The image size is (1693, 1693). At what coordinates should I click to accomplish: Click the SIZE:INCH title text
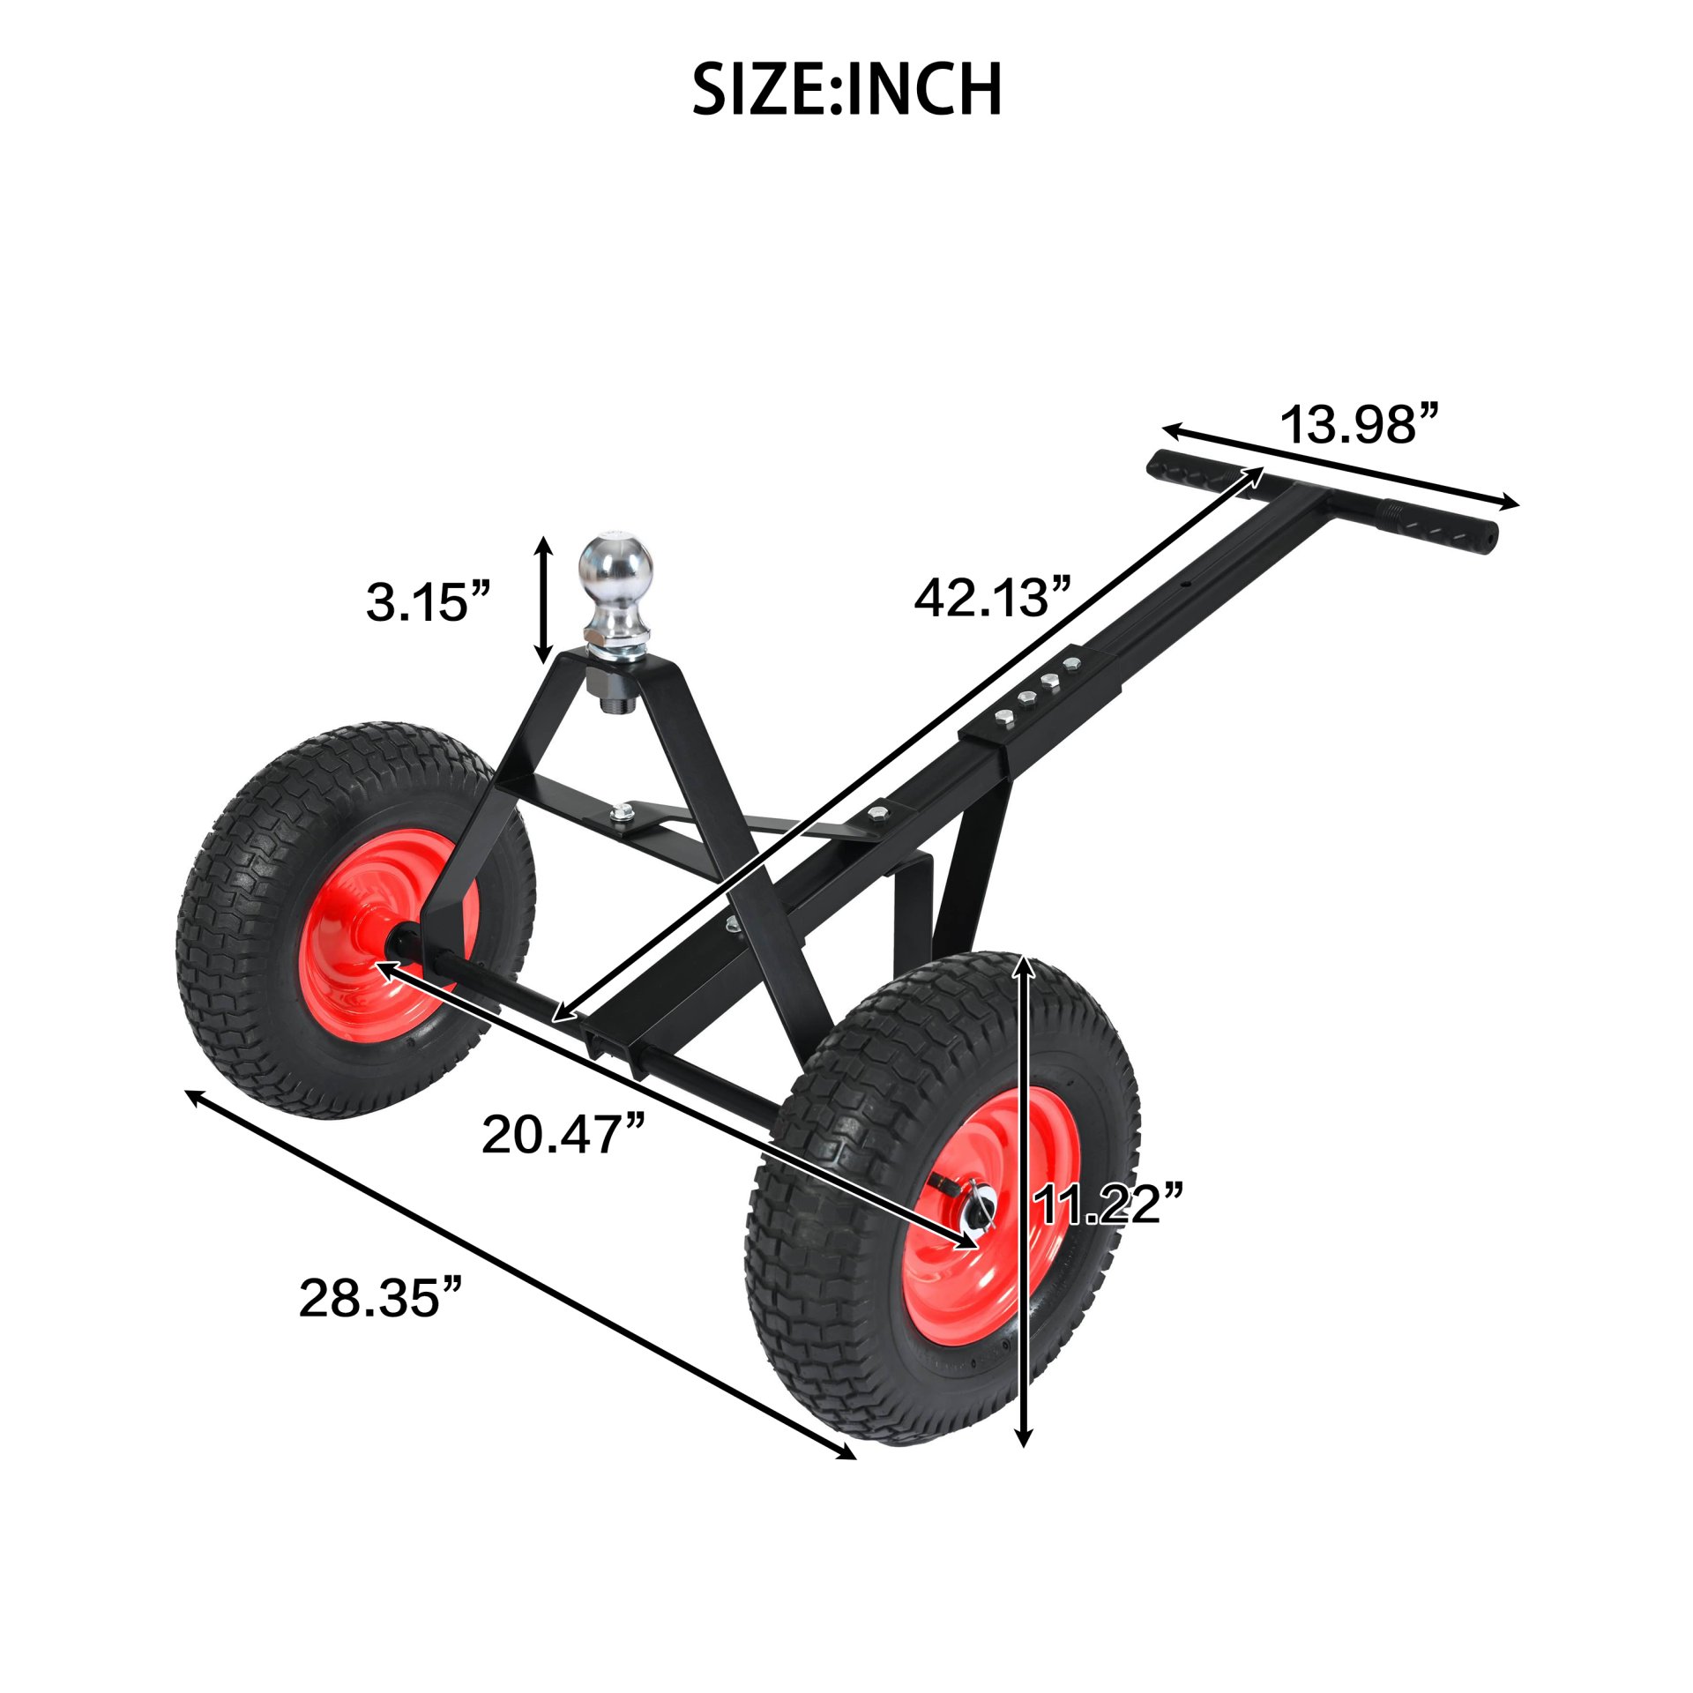coord(846,89)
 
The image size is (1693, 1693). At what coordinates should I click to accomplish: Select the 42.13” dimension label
coord(992,598)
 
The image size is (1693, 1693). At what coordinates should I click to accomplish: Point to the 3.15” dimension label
coord(428,602)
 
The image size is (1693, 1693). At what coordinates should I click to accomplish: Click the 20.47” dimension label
coord(563,1134)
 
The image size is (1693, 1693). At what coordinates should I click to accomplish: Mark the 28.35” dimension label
coord(380,1298)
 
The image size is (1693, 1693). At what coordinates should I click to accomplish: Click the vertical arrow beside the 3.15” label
coord(545,600)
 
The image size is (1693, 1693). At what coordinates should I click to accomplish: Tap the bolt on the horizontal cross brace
coord(624,811)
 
